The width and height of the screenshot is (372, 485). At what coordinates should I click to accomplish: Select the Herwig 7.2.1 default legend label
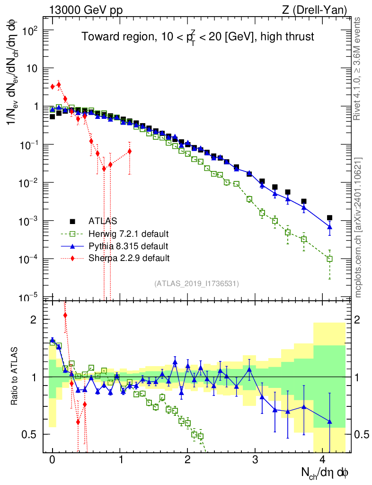click(129, 234)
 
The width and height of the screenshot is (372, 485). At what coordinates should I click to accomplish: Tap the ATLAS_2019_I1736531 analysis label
click(196, 284)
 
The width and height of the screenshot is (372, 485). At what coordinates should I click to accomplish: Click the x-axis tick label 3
click(255, 460)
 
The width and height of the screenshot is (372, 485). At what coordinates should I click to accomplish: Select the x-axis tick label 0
click(53, 460)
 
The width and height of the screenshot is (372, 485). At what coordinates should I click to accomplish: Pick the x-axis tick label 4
click(323, 460)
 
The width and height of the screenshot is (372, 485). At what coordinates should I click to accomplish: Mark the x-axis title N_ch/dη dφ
click(325, 473)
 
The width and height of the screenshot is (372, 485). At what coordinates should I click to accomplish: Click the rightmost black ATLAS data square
click(329, 218)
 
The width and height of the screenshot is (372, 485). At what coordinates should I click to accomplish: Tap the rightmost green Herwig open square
click(329, 259)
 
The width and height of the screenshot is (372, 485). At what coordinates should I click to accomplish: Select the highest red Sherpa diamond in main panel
click(59, 85)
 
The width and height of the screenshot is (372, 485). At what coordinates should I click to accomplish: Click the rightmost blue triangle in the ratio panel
click(329, 422)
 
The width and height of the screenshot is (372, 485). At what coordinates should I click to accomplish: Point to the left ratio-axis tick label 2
click(34, 320)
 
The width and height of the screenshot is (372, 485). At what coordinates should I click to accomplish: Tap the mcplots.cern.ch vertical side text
click(358, 227)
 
